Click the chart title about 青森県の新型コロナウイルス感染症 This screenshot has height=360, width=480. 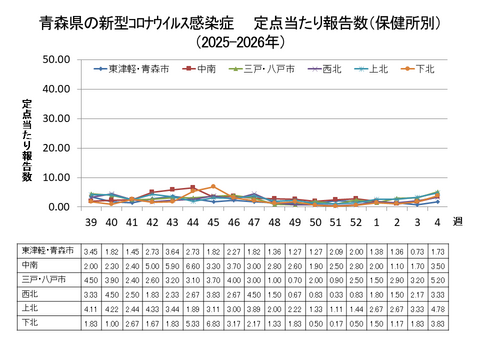[x=240, y=23]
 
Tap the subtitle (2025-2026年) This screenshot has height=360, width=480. [x=240, y=43]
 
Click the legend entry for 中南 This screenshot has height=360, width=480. [x=204, y=68]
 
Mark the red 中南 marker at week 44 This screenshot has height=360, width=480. [x=193, y=187]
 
